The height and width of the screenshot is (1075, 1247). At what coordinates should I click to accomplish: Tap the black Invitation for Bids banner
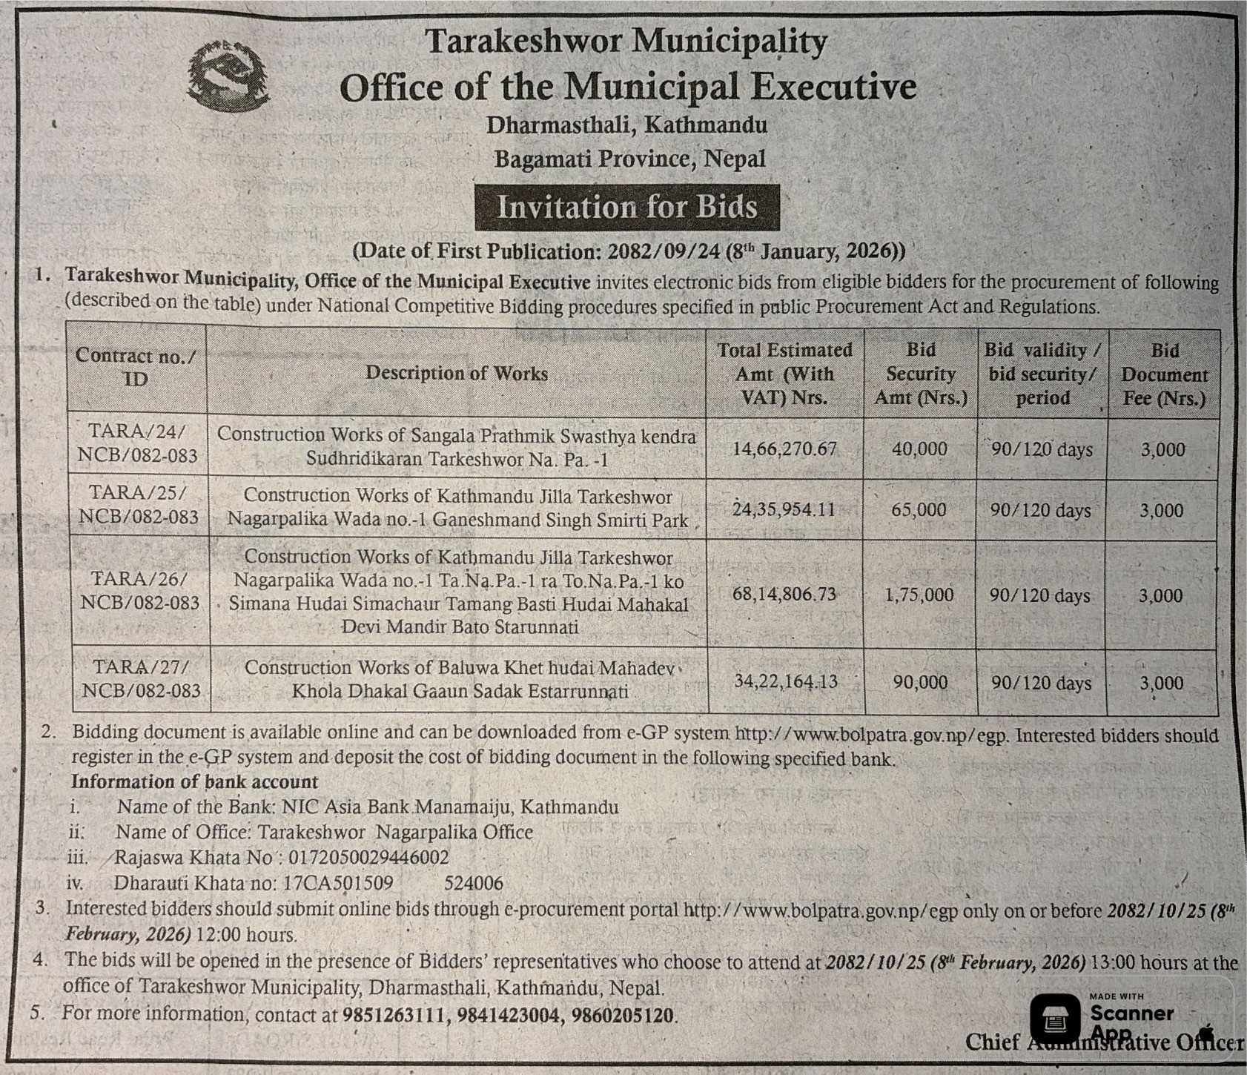(x=626, y=207)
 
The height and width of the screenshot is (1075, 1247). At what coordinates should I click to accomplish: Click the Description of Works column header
(x=456, y=373)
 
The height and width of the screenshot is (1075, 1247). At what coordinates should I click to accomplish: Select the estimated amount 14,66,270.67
(x=784, y=449)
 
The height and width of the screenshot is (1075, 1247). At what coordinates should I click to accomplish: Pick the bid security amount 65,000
(x=919, y=510)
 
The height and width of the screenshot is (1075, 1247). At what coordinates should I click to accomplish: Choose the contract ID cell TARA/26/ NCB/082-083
(x=140, y=591)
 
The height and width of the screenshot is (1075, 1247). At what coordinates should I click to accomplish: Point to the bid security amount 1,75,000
(x=919, y=595)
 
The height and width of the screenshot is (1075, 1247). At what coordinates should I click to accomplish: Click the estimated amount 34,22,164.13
(x=786, y=681)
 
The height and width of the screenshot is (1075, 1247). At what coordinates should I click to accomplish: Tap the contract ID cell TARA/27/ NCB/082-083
(x=141, y=679)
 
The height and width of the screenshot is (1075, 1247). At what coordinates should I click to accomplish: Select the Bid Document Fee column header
(x=1164, y=374)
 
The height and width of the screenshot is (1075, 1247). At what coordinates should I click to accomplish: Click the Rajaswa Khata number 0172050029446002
(x=368, y=858)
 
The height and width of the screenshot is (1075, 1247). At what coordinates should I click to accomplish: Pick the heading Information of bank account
(x=194, y=782)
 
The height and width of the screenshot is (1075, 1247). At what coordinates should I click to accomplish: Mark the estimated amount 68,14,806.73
(x=784, y=595)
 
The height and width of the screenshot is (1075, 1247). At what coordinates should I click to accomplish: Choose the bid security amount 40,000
(x=919, y=449)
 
